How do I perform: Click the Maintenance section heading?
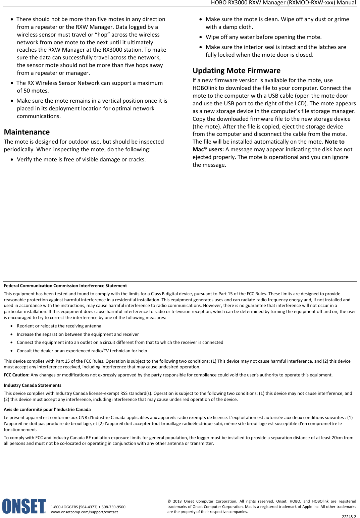[27, 132]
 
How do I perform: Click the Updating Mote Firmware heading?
[236, 70]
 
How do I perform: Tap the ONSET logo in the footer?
[24, 506]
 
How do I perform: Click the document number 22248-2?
[349, 517]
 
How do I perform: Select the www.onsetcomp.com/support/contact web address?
[84, 512]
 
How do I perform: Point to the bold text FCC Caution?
[16, 375]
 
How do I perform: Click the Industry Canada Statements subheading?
[32, 385]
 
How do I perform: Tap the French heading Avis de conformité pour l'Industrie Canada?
[47, 410]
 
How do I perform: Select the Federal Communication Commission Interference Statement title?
[65, 286]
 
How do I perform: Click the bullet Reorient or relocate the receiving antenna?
[59, 326]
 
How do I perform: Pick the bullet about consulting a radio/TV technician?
[82, 351]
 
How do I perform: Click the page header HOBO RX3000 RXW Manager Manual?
[283, 3]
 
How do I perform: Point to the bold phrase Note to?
[335, 142]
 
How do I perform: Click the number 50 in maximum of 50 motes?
[27, 91]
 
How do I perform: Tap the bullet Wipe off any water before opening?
[263, 37]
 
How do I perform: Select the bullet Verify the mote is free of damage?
[81, 160]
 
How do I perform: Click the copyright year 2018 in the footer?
[177, 502]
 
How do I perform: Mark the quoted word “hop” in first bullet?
[102, 35]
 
